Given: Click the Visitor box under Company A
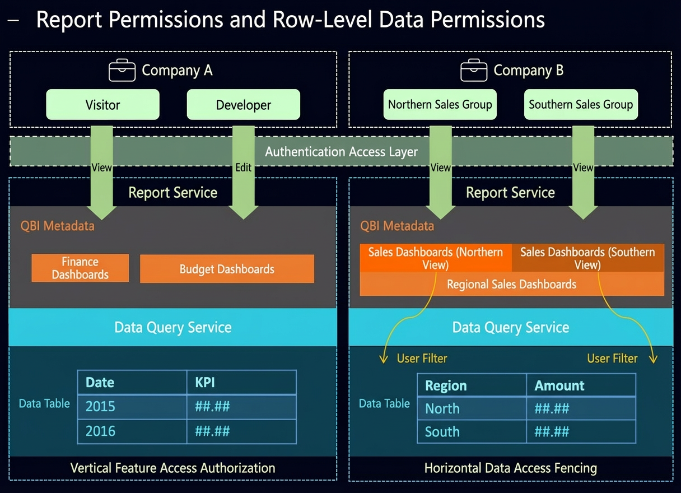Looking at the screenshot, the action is (102, 104).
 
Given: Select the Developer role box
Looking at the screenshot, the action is (243, 104).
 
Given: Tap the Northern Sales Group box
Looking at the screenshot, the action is (440, 104).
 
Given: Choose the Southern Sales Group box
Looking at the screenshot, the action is (581, 104).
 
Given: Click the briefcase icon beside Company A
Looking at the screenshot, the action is (122, 70).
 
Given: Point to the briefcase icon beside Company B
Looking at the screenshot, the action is (474, 70).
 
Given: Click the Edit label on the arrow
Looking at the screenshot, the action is (243, 168).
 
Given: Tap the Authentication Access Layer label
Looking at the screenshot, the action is (341, 151).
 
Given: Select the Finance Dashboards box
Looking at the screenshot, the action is (80, 268).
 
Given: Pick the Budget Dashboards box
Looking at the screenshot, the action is (227, 269).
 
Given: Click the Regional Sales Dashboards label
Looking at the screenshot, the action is (511, 284).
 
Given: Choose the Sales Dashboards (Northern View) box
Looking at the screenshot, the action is (436, 258).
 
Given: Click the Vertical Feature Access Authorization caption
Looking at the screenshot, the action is (172, 468).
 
